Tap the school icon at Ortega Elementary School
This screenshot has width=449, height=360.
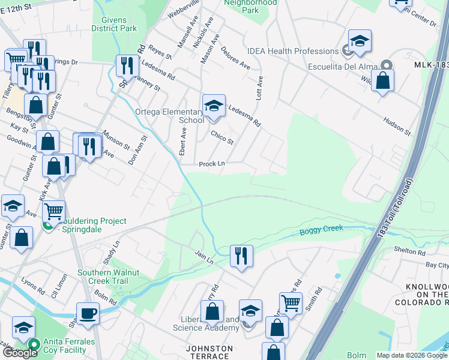pyautogui.click(x=213, y=106)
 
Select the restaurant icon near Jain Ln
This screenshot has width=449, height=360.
pyautogui.click(x=241, y=256)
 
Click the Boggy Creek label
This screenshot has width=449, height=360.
pyautogui.click(x=321, y=228)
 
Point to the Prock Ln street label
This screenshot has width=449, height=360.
pyautogui.click(x=212, y=164)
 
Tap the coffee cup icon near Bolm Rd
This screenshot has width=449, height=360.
pyautogui.click(x=88, y=313)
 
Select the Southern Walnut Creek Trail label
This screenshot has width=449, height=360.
pyautogui.click(x=108, y=277)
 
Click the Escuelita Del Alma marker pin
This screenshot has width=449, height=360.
pyautogui.click(x=387, y=65)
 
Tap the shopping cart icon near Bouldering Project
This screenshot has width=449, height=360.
pyautogui.click(x=53, y=211)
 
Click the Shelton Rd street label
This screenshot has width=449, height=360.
pyautogui.click(x=409, y=250)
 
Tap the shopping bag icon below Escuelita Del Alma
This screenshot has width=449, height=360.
pyautogui.click(x=382, y=80)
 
